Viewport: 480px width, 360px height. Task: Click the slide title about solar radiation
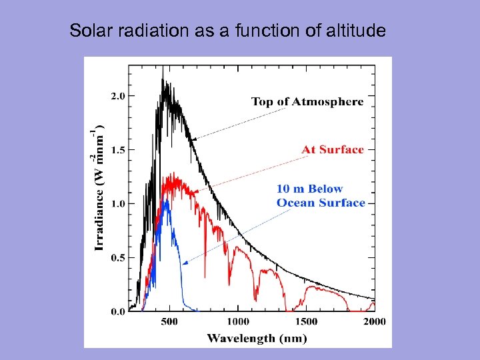(x=227, y=31)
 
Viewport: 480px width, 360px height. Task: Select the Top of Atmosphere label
(x=307, y=101)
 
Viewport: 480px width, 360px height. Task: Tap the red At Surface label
(x=333, y=149)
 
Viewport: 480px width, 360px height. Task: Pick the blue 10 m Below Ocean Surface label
(x=321, y=196)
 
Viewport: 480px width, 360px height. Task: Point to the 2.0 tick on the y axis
(x=117, y=96)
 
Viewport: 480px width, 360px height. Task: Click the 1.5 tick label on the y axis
(x=117, y=150)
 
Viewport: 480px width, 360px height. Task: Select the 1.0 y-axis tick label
(x=117, y=203)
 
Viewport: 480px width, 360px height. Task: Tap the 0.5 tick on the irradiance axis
(x=117, y=257)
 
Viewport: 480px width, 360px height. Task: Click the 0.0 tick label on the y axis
(x=117, y=311)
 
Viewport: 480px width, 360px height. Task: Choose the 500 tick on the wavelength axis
(x=169, y=322)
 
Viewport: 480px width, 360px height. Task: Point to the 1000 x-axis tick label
(x=237, y=322)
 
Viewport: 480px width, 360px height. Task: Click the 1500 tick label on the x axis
(x=306, y=322)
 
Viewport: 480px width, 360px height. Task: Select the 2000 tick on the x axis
(x=375, y=322)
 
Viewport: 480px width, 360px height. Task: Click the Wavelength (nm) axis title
(x=257, y=338)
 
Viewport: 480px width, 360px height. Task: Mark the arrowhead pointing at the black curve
(x=193, y=139)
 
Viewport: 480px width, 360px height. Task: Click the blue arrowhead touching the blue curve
(x=185, y=263)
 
